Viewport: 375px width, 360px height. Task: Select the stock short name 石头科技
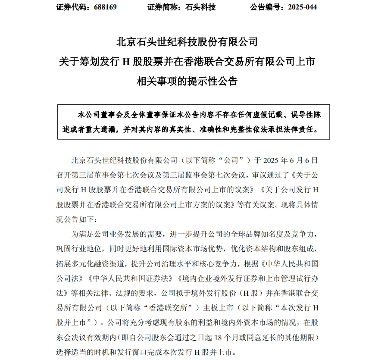click(x=200, y=7)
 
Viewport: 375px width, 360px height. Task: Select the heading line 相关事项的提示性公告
click(x=187, y=81)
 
